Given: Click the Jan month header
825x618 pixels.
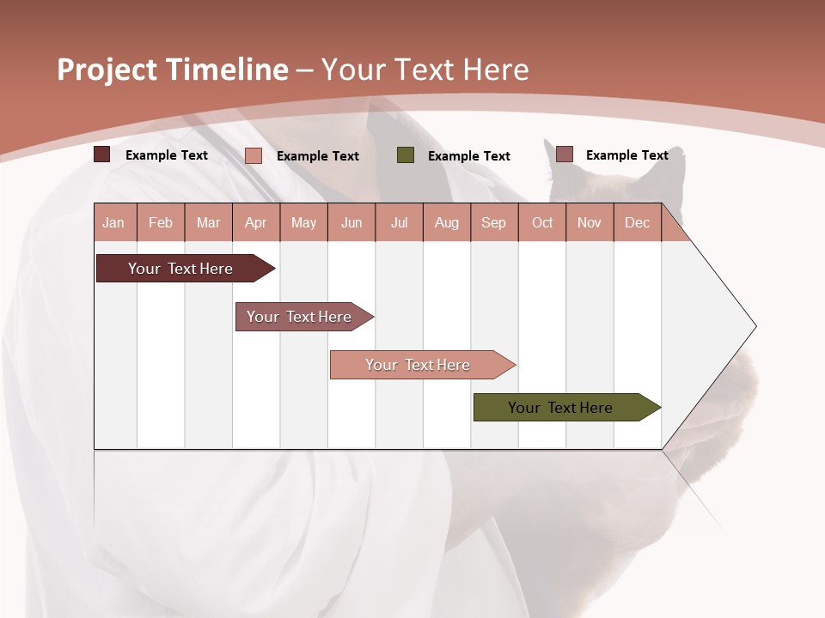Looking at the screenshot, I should pos(114,222).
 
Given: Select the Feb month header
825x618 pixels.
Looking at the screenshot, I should pos(161,222).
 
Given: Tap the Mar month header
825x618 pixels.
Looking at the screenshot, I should pos(208,222).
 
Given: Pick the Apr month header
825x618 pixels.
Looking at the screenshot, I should pos(255,222).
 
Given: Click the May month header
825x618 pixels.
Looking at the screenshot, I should pos(303,222).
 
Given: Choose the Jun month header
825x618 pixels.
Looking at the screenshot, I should pos(351,222).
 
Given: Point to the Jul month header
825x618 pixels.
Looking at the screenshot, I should pos(399,222).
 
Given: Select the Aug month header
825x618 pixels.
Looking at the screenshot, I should pos(446,222).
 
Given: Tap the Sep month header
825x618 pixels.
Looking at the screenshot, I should pos(493,222).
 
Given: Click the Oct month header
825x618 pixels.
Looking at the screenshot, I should pos(542,222).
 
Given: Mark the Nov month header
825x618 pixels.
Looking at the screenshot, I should pos(589,222).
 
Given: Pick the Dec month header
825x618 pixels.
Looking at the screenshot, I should pos(637,222).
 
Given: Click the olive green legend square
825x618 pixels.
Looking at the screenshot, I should pos(406,155).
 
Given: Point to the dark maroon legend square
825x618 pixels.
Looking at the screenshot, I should pos(102,154).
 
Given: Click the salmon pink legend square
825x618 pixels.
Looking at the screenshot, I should pos(254,155).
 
